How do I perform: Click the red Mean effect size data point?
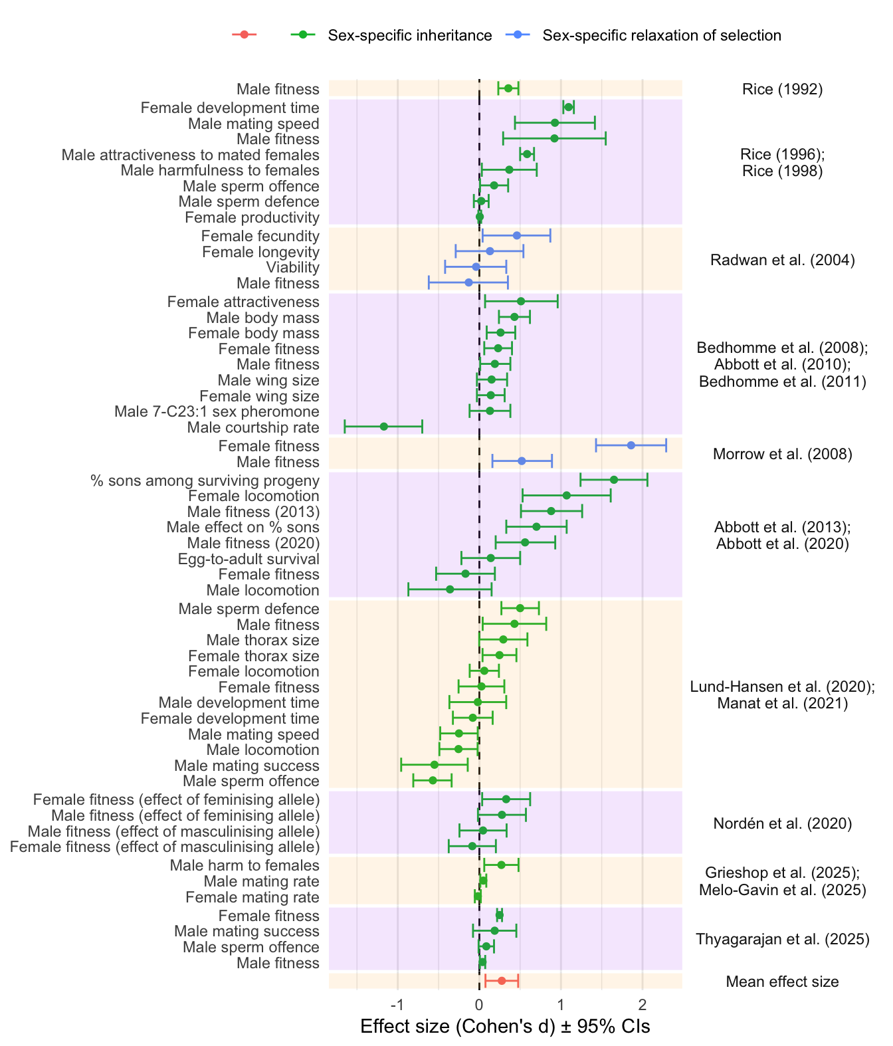coord(502,981)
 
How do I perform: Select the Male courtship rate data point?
coord(383,427)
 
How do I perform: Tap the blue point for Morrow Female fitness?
coord(631,445)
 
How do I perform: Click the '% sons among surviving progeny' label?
coord(205,480)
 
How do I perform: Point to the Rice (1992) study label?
coord(782,89)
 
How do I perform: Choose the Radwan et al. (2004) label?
coord(782,260)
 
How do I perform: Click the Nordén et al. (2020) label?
coord(782,824)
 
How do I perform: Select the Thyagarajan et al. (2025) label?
coord(782,939)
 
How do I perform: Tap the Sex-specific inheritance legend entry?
coord(409,35)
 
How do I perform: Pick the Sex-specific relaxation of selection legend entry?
coord(661,35)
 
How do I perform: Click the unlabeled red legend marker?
coord(244,35)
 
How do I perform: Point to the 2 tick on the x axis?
coord(642,1003)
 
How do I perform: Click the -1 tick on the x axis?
coord(397,1003)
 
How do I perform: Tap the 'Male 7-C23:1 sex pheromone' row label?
coord(217,412)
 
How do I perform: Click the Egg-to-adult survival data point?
coord(490,558)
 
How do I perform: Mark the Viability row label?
coord(292,268)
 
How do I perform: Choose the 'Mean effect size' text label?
coord(782,982)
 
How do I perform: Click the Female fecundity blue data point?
coord(516,235)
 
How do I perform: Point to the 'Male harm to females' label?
coord(245,865)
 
